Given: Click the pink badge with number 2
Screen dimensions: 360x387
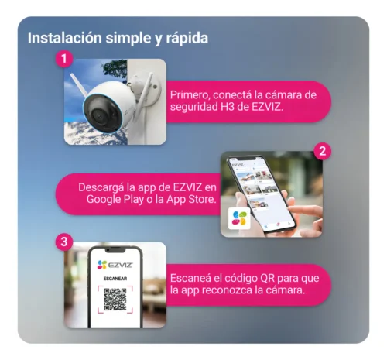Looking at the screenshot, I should point(323,151).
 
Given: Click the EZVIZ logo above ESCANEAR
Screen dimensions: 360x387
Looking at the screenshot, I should point(115,264).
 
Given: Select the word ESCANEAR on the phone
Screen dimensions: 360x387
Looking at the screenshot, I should point(115,279).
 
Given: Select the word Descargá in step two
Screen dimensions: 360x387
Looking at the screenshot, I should point(104,187).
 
